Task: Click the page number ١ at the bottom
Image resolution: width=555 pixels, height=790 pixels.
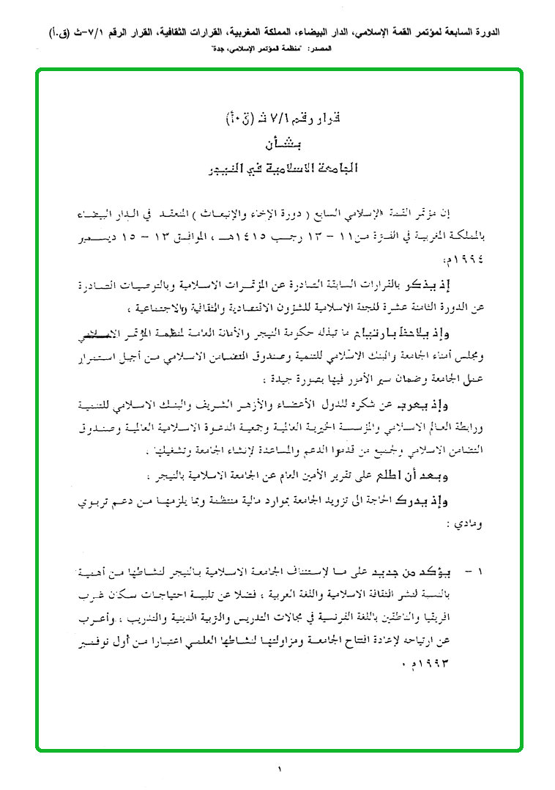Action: [279, 769]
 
